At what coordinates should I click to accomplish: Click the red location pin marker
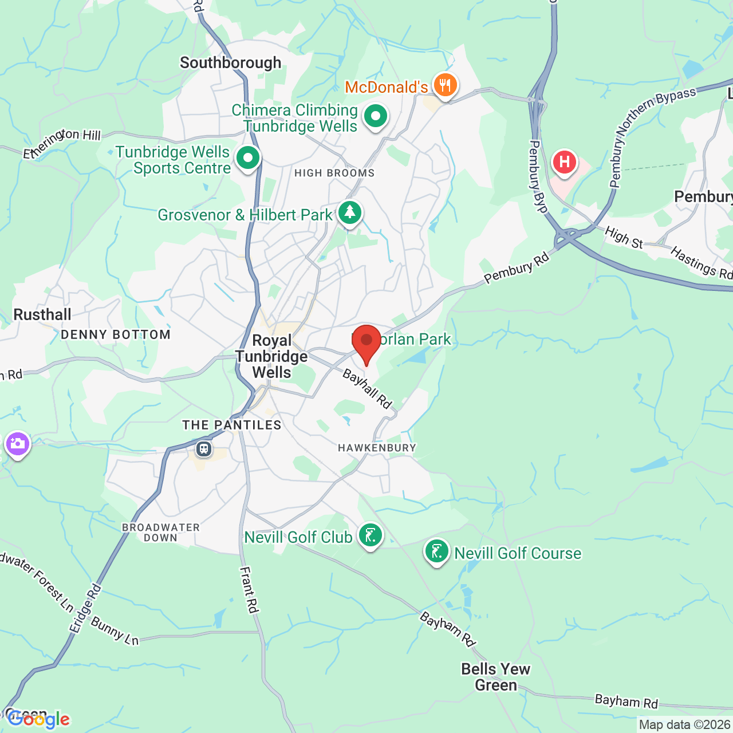point(366,341)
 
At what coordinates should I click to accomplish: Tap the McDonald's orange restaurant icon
point(445,86)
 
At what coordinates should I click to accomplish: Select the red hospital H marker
point(565,162)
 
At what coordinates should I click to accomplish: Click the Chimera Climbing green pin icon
point(376,116)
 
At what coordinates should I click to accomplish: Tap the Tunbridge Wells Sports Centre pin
point(248,158)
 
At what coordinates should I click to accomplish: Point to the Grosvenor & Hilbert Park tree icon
point(349,213)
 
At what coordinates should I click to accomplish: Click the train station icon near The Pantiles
point(204,448)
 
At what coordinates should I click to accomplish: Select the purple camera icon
point(17,444)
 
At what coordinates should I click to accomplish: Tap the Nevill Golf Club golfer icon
point(370,536)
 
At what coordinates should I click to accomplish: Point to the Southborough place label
point(230,62)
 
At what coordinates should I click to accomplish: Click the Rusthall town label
point(42,314)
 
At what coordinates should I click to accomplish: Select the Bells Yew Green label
point(496,677)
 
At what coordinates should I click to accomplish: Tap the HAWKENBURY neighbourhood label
point(377,448)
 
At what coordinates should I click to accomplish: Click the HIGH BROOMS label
point(334,173)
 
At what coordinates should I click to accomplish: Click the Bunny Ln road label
point(115,631)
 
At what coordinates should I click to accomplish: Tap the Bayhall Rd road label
point(367,389)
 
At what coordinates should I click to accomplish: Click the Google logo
point(39,719)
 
